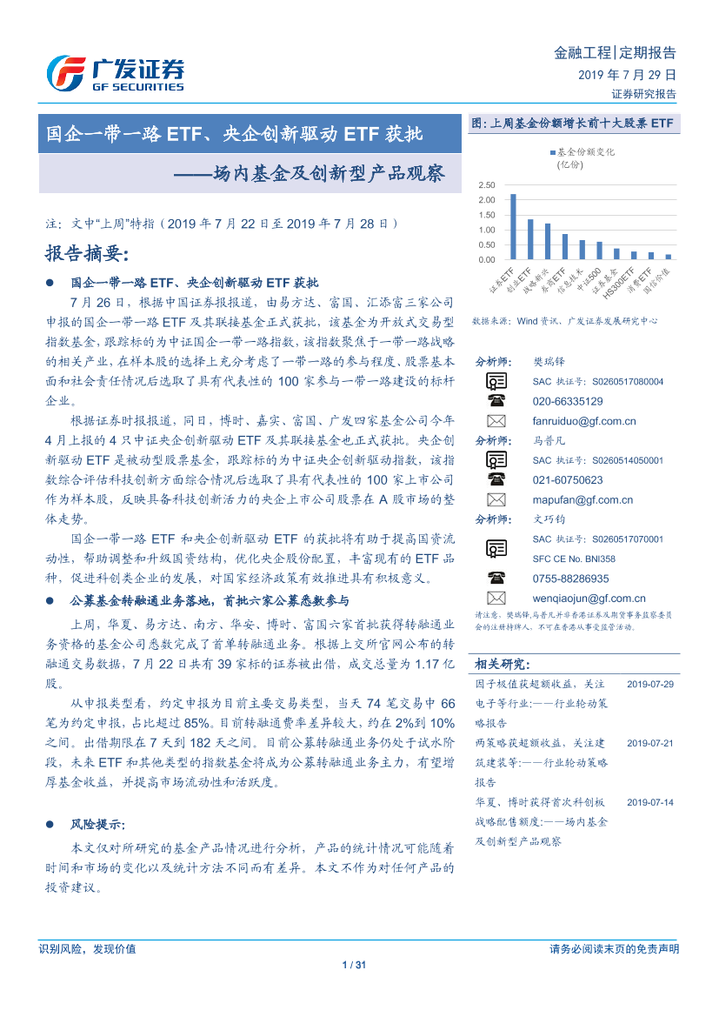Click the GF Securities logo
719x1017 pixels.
114,73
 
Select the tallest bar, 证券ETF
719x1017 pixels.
513,226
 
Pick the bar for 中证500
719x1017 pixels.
599,251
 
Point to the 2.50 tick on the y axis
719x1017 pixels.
486,185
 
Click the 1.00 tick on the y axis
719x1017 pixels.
486,230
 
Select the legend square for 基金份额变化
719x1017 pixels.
552,151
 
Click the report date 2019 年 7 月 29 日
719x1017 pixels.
627,76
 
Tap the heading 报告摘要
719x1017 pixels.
86,254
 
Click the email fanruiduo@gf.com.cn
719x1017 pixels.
584,421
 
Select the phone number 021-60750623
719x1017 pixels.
568,479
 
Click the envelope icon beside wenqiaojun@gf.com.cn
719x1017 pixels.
496,598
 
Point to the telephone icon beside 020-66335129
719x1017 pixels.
496,401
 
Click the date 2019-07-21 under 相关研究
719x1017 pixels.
649,743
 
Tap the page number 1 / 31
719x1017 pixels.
358,964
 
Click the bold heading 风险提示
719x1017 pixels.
97,824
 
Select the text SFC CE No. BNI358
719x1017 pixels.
574,559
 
